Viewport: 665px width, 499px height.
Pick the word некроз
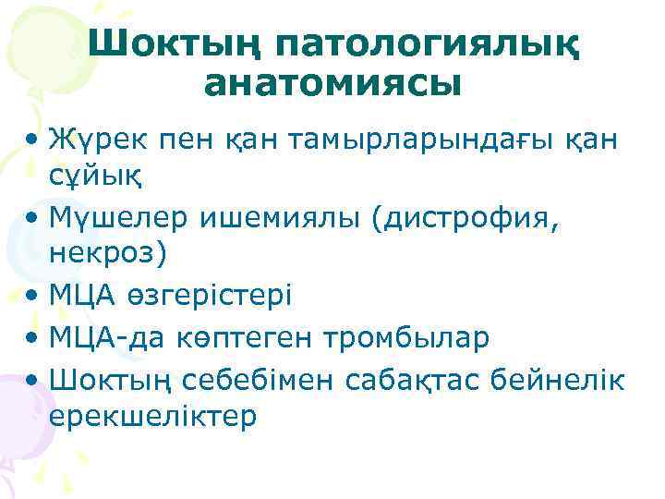pos(101,252)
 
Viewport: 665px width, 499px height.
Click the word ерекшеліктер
pos(152,417)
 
